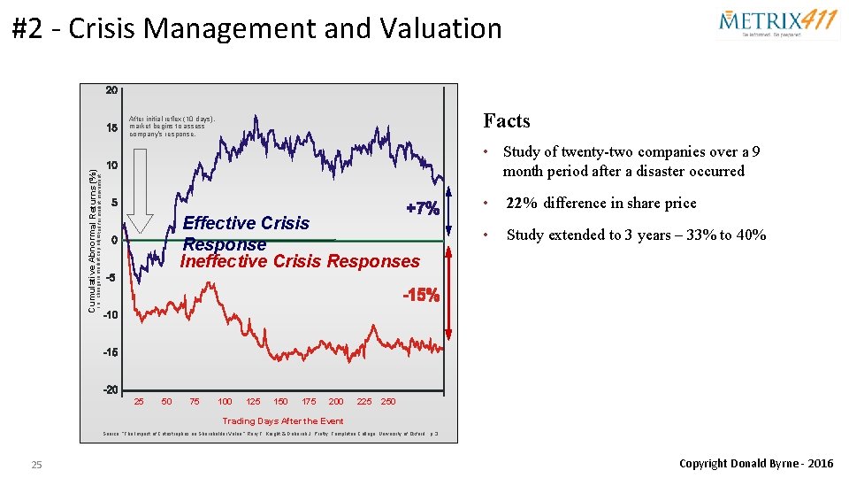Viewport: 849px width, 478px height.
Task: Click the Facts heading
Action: point(507,121)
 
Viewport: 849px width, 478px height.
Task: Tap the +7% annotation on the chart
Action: point(422,209)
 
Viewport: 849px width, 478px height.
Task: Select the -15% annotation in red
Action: point(421,296)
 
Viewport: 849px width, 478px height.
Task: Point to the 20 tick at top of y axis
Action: point(112,90)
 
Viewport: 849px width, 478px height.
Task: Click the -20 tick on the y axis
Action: point(111,389)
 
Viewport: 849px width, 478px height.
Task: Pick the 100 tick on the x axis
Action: point(225,402)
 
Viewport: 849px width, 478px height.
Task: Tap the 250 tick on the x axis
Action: point(388,402)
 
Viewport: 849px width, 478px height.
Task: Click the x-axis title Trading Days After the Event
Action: point(283,421)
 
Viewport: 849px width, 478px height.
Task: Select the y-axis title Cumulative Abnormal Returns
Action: point(92,240)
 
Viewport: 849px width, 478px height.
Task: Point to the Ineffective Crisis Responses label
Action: point(300,261)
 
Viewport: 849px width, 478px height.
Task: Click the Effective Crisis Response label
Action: point(246,233)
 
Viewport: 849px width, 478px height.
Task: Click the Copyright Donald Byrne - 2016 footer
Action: point(755,464)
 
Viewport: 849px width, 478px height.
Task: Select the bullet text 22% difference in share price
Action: point(600,203)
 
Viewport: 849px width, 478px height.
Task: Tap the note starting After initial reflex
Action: point(172,126)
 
